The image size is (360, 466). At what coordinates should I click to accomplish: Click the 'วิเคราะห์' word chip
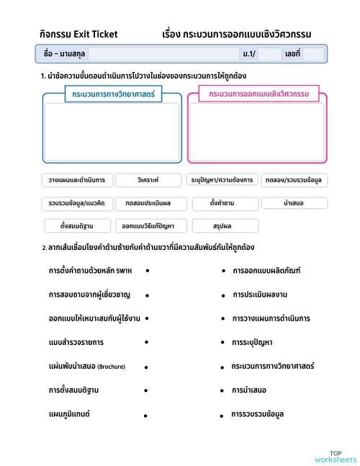[x=148, y=179]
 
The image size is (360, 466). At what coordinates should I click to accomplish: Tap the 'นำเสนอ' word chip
[x=294, y=203]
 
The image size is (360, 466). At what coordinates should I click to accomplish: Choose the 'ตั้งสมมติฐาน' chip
[x=75, y=226]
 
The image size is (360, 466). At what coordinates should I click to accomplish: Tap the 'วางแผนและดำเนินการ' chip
[x=75, y=179]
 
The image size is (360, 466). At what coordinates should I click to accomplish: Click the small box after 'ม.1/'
[x=269, y=54]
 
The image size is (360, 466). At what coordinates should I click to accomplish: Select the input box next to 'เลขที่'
[x=313, y=54]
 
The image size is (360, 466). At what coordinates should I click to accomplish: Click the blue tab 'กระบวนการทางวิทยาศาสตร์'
[x=113, y=94]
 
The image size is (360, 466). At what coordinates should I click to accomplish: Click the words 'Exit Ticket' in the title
[x=94, y=34]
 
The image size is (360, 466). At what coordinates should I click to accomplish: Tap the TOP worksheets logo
[x=335, y=456]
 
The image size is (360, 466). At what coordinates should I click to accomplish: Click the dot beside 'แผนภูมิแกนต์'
[x=145, y=416]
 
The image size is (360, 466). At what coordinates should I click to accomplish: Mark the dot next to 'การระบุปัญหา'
[x=223, y=342]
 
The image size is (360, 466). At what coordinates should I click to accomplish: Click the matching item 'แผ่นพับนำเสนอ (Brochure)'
[x=86, y=367]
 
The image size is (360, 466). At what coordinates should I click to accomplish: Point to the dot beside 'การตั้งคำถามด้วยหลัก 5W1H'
[x=147, y=271]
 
